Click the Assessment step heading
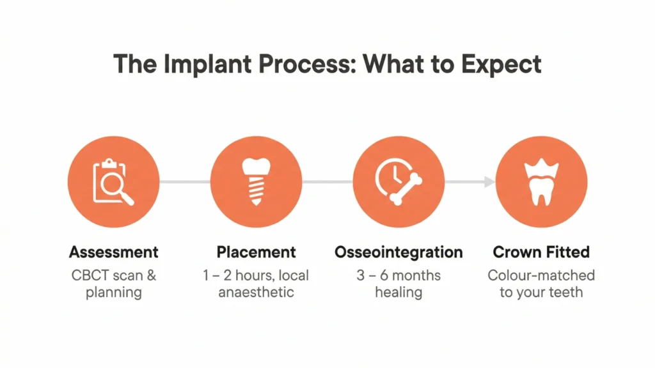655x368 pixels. [113, 252]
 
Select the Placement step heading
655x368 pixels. [256, 252]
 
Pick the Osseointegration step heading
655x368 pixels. [399, 252]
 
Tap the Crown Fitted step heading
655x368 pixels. [541, 252]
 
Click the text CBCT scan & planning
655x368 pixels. [113, 284]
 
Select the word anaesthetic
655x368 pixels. [256, 293]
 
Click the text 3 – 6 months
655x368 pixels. [399, 275]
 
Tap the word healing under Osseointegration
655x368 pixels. [399, 293]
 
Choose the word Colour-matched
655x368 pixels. [541, 275]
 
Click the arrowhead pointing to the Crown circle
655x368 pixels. [489, 182]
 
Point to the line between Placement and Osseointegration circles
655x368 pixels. [327, 182]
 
